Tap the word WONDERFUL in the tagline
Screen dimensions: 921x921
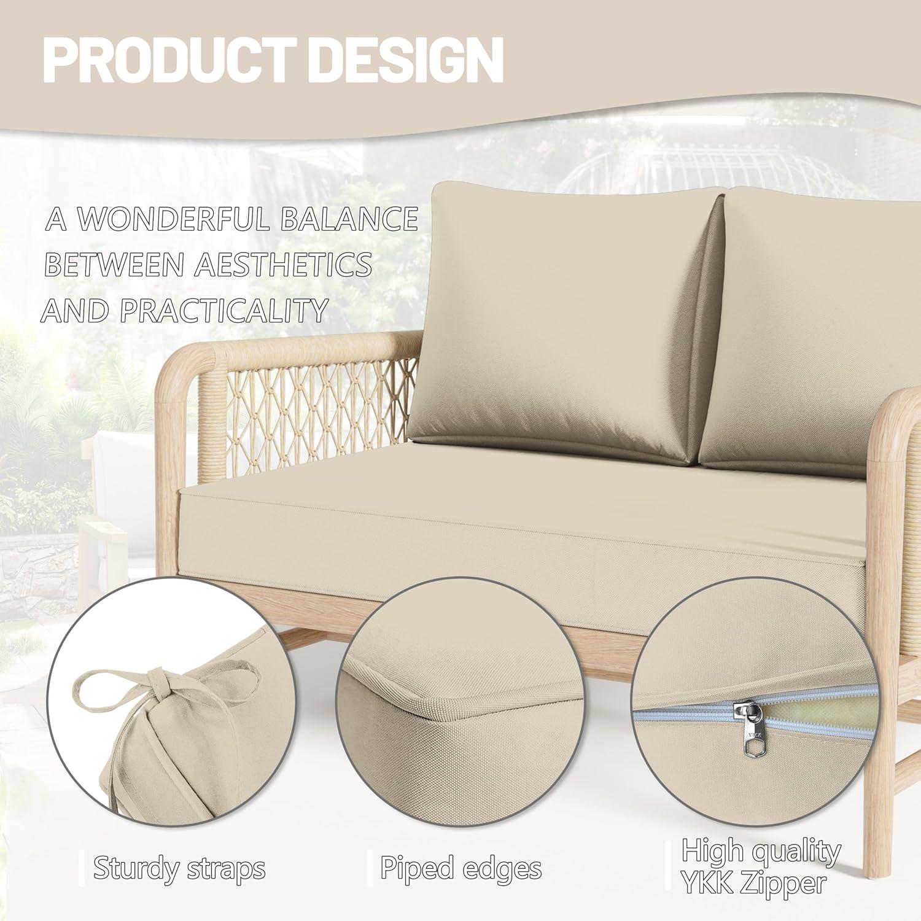(x=175, y=219)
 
